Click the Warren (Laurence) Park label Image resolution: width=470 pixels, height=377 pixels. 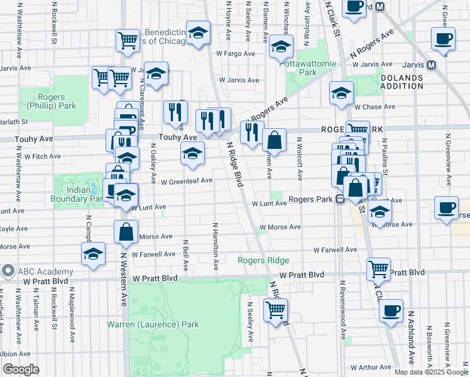[x=153, y=324]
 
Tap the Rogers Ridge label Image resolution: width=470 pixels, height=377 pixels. [x=263, y=260]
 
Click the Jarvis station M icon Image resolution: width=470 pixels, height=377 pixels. [x=431, y=65]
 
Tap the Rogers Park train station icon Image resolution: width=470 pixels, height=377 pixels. [x=339, y=200]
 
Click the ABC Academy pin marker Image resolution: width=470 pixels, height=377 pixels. [x=8, y=271]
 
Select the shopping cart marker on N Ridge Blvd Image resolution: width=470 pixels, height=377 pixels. [x=275, y=309]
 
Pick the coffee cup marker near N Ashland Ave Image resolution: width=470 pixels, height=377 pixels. [x=391, y=310]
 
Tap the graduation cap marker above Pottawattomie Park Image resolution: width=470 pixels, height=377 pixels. [x=281, y=46]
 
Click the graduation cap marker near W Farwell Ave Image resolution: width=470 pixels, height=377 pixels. [x=93, y=254]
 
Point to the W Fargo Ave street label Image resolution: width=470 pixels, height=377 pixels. [x=236, y=53]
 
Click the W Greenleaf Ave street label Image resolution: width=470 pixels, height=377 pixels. [x=187, y=182]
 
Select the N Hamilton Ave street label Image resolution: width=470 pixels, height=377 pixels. [x=216, y=246]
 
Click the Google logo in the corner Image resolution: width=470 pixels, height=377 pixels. [x=21, y=369]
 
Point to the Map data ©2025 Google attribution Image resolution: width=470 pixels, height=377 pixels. [x=430, y=372]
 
